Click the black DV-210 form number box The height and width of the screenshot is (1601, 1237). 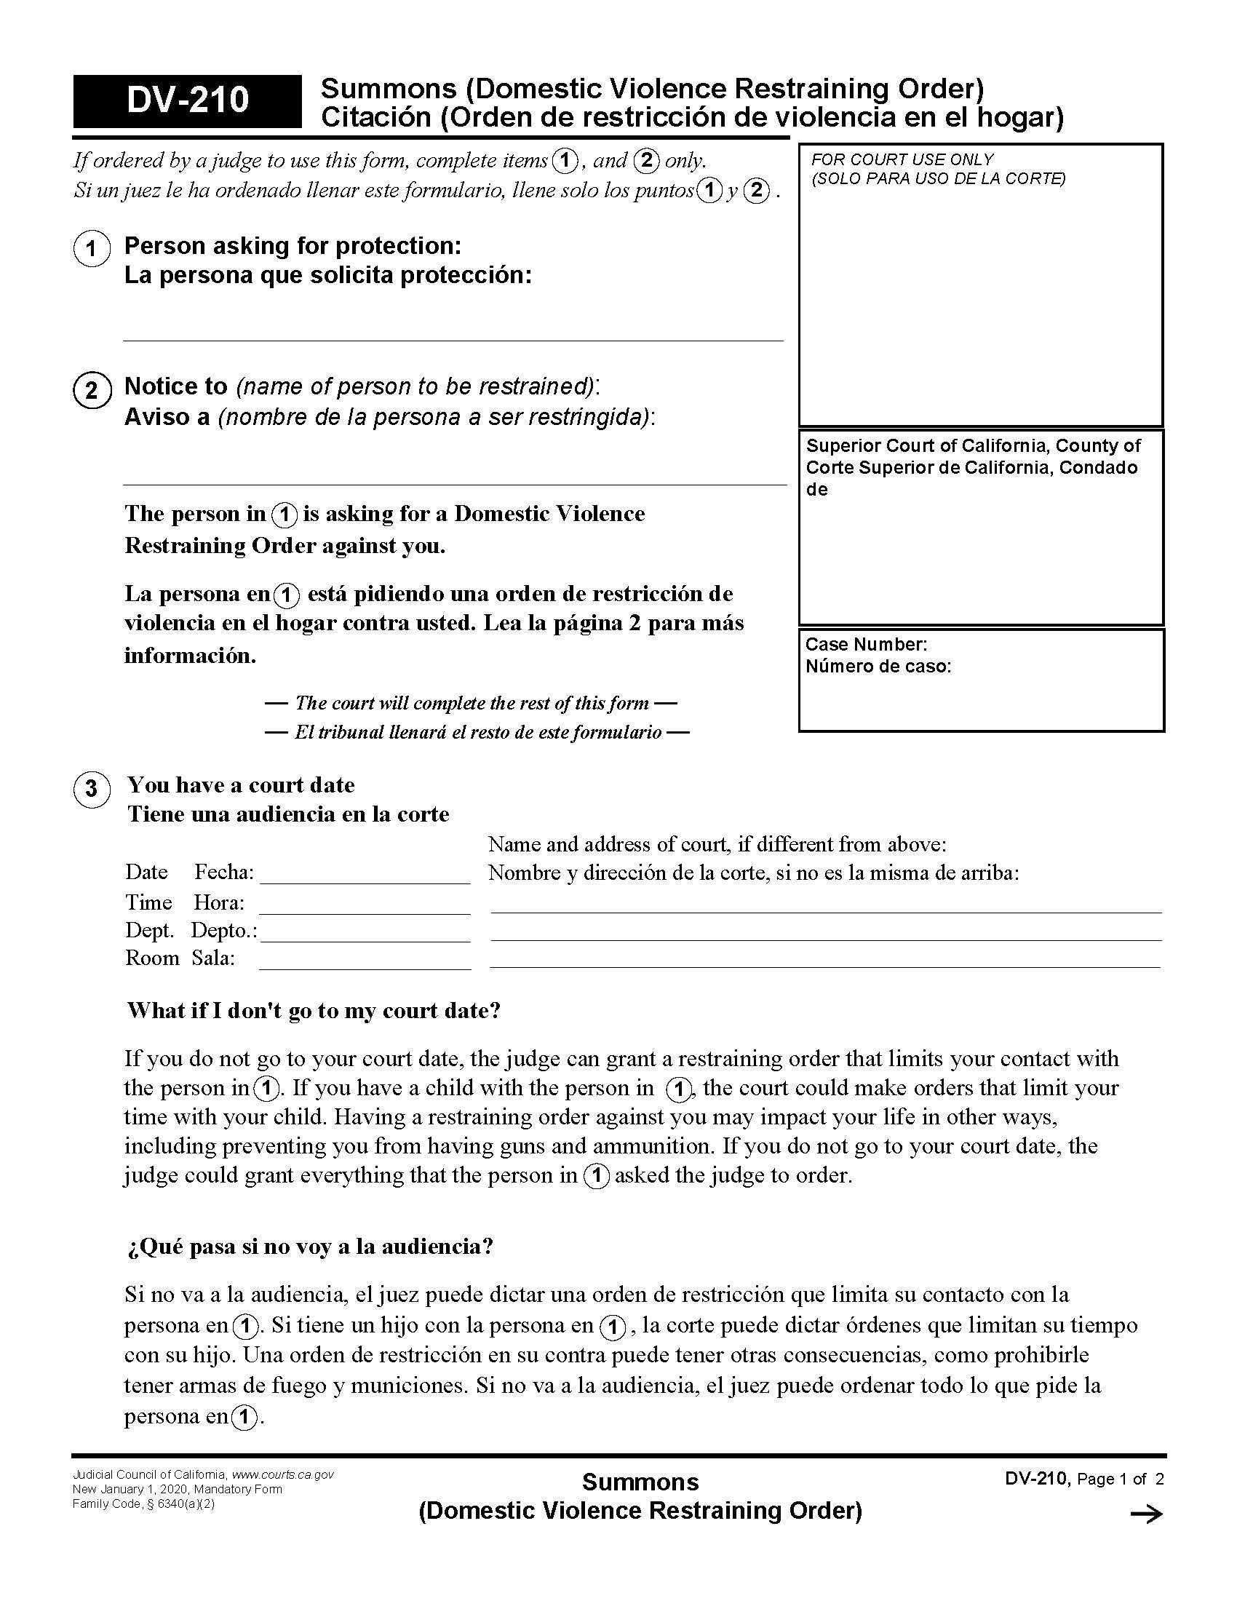click(187, 100)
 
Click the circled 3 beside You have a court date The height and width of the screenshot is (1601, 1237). click(92, 789)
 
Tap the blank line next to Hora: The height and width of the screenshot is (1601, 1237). click(365, 906)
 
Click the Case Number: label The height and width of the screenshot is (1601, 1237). click(866, 644)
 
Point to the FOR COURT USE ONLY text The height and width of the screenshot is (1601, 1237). click(902, 160)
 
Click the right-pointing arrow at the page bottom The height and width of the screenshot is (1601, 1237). click(1146, 1514)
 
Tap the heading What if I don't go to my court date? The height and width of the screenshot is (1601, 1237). click(314, 1010)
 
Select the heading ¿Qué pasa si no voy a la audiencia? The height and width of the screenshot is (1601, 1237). click(309, 1246)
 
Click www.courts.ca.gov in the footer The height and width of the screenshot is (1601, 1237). click(283, 1474)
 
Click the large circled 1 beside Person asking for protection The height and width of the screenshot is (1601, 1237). click(92, 248)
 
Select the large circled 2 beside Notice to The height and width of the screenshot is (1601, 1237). click(92, 390)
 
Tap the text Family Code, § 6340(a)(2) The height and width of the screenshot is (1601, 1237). click(143, 1504)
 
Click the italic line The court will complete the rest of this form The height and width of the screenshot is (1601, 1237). click(472, 703)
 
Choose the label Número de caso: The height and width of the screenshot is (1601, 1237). click(878, 667)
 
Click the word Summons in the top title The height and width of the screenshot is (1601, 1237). click(389, 90)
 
